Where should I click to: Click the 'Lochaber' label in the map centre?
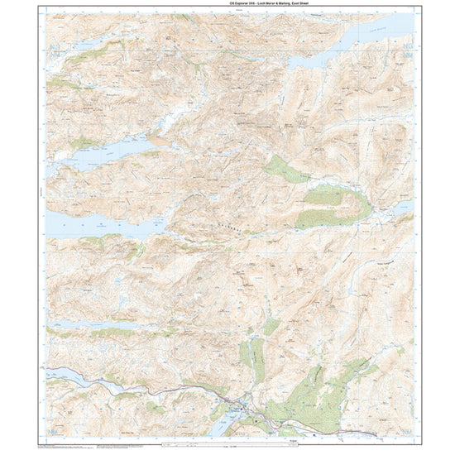pyautogui.click(x=231, y=217)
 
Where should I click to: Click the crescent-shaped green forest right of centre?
pyautogui.click(x=331, y=208)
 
